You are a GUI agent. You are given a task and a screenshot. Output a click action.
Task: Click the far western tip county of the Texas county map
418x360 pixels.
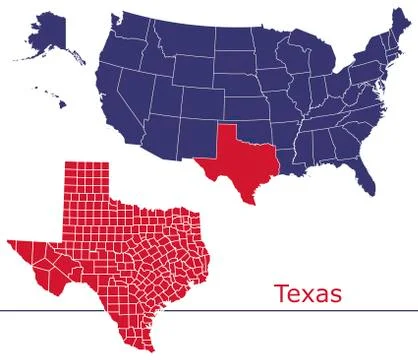[12, 242]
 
